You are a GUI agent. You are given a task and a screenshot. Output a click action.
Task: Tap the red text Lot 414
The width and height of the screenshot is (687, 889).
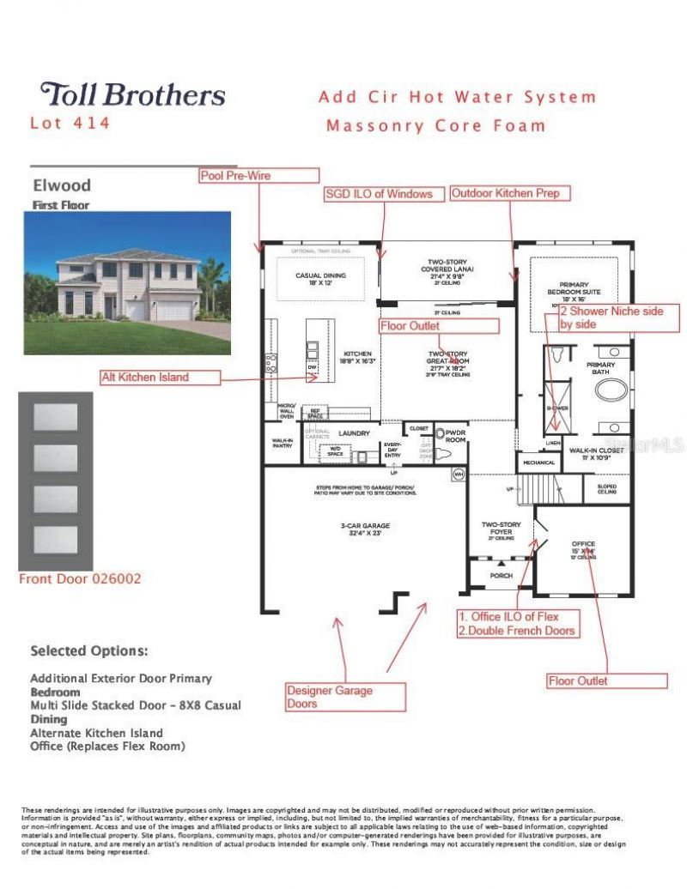coord(70,123)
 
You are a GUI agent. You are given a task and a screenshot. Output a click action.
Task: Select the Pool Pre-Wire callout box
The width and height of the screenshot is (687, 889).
coord(247,175)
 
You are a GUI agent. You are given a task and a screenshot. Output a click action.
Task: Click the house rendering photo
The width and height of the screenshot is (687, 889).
coord(127,283)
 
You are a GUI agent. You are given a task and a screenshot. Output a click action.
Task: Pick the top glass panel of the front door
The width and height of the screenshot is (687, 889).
coord(56,416)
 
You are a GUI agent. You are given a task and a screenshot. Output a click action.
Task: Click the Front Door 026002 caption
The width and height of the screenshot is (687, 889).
coord(80,579)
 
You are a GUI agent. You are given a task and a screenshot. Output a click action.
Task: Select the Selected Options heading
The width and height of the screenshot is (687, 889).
coord(88,650)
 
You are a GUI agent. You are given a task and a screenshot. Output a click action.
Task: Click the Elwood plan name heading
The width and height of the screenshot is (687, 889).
coord(61,185)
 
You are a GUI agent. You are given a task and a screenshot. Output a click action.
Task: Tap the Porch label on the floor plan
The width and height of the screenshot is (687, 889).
coord(500,576)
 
